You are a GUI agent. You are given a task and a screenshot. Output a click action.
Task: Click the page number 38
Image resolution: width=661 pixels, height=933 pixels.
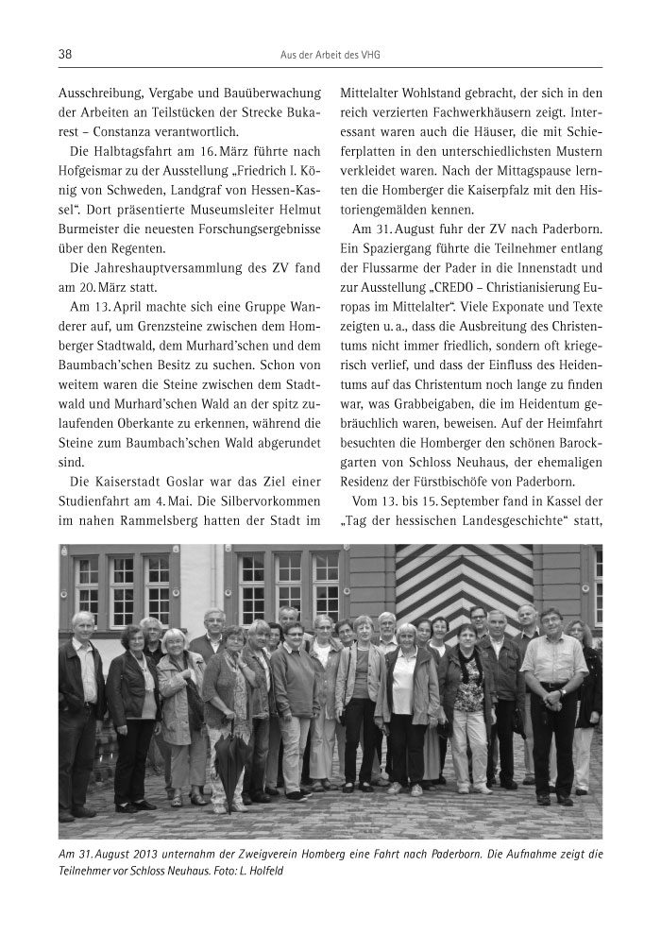(x=66, y=55)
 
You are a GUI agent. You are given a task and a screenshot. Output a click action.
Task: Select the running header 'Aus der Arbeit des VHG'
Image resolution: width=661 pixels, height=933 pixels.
(x=330, y=56)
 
